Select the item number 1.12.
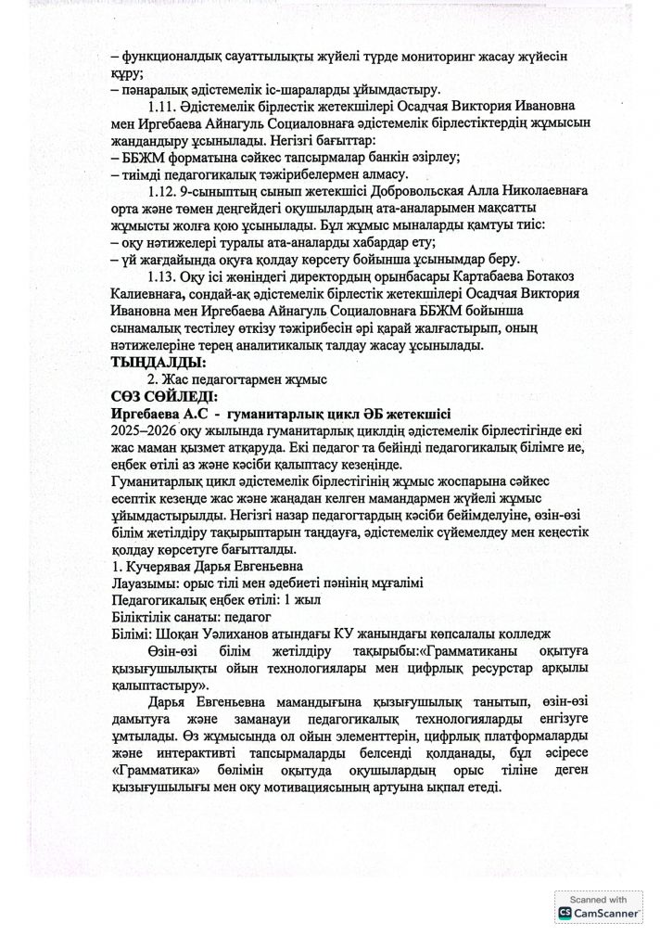164,191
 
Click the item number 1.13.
164,276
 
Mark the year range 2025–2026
148,433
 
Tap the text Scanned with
599,900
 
